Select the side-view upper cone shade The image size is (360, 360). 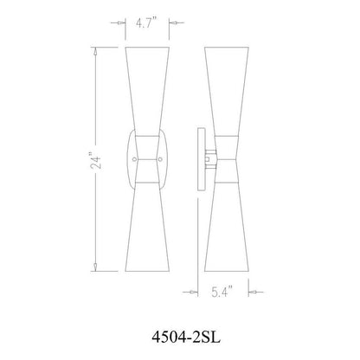click(x=222, y=95)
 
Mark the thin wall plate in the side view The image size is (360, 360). click(x=198, y=158)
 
